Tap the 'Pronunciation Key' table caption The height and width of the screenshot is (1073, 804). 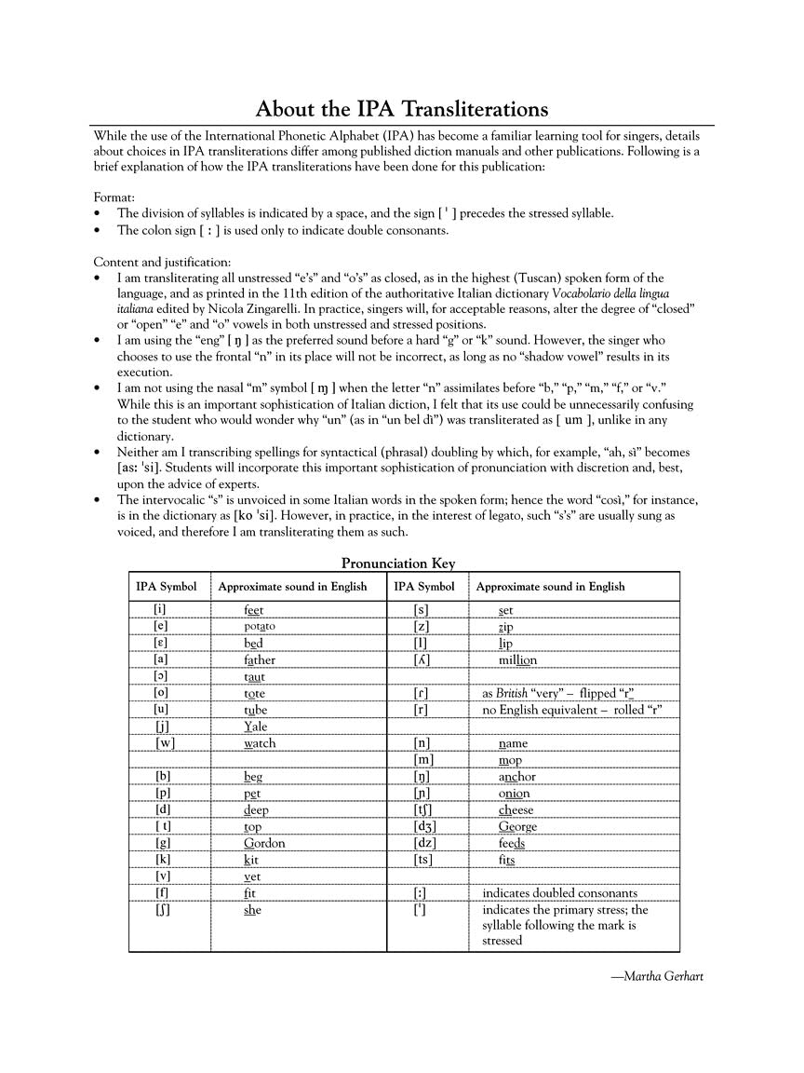[x=398, y=563]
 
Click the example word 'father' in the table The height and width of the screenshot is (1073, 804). [x=260, y=659]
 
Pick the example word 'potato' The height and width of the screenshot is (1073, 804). [x=260, y=626]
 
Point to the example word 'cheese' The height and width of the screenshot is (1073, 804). [x=516, y=809]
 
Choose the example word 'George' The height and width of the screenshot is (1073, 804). [x=517, y=826]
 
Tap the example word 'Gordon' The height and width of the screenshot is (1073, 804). [x=264, y=843]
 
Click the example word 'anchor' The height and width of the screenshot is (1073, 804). [x=516, y=777]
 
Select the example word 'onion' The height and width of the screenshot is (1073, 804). [x=514, y=794]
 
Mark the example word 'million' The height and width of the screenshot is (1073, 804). [x=517, y=659]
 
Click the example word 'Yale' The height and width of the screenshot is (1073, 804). [x=255, y=727]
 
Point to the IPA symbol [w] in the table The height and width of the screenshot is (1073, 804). [x=165, y=743]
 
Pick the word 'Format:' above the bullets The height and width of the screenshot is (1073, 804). [x=114, y=197]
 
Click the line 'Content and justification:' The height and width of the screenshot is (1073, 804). [x=162, y=262]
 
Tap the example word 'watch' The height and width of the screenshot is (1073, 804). [x=260, y=743]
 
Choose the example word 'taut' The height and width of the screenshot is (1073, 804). [x=254, y=677]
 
